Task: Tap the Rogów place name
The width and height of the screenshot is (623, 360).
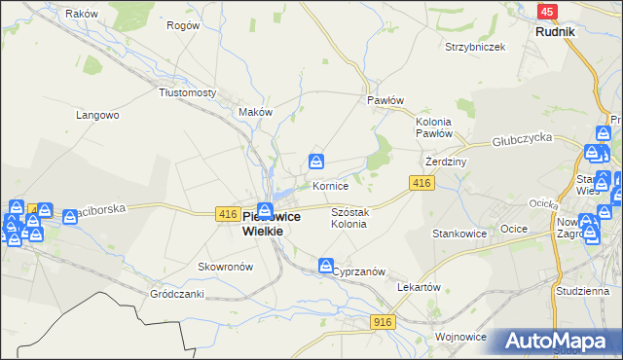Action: click(x=182, y=26)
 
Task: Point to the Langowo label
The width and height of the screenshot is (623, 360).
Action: click(x=97, y=115)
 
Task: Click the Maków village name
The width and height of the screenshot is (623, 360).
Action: click(x=255, y=112)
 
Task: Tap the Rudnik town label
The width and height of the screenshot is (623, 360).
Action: click(x=555, y=31)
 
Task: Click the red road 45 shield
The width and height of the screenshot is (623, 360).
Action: click(x=547, y=12)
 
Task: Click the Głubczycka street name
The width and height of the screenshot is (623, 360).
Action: click(x=522, y=140)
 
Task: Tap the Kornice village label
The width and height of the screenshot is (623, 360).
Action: click(x=330, y=185)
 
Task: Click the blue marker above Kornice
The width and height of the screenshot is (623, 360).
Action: click(x=317, y=162)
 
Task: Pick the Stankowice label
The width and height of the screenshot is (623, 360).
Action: click(x=459, y=234)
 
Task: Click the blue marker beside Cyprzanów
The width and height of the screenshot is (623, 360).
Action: click(x=326, y=265)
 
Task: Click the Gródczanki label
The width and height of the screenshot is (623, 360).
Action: click(x=176, y=293)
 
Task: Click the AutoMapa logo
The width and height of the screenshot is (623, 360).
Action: click(x=556, y=342)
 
